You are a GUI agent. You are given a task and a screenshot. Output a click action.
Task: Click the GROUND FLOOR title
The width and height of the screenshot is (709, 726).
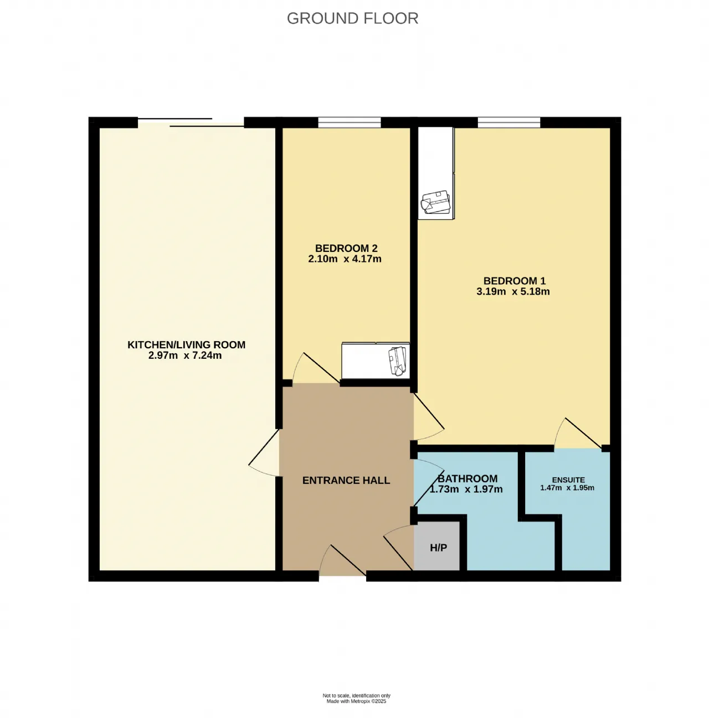pos(352,18)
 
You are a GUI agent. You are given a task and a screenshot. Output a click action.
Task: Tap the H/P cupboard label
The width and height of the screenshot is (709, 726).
pos(438,548)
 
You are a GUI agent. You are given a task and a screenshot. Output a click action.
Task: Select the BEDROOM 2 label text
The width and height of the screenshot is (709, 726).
pos(346,248)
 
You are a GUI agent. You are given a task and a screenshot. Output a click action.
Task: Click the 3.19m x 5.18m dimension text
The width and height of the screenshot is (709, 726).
pos(513,291)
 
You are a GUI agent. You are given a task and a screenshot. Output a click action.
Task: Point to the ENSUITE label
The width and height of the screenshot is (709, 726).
pos(568,480)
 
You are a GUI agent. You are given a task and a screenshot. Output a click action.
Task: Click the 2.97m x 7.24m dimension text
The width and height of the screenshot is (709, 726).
pos(185,355)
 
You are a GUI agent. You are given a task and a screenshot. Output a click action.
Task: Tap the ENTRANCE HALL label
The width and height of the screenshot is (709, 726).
pos(346,480)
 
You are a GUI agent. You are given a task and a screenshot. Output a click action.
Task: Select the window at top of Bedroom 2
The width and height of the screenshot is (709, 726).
pos(350,122)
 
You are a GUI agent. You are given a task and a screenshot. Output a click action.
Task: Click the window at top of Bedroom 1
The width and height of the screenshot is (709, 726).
pos(509,122)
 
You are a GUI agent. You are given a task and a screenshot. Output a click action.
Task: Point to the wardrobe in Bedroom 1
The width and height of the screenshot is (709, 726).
pos(436,173)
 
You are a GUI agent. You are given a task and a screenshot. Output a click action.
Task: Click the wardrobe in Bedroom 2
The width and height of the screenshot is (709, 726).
pos(376,361)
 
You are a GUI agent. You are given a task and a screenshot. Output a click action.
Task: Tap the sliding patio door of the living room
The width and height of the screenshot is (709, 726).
pos(191,123)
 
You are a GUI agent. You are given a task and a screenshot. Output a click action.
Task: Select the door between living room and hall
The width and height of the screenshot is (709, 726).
pos(264,453)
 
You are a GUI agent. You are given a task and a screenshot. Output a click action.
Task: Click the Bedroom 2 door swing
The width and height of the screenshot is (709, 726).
pos(316,368)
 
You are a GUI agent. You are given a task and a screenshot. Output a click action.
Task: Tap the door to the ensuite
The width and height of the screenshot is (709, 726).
pos(578,432)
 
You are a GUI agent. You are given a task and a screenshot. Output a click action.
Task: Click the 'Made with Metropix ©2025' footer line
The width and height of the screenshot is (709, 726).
pos(356,701)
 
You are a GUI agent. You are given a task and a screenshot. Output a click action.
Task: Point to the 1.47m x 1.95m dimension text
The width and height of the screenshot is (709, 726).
pos(567,488)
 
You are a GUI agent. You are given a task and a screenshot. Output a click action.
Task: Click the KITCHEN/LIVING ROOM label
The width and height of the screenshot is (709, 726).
pos(186,344)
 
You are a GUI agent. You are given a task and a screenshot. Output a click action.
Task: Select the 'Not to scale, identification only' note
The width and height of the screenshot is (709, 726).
pos(356,696)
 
